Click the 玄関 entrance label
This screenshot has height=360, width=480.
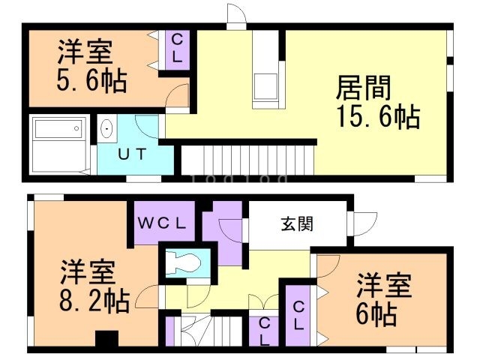point(298,223)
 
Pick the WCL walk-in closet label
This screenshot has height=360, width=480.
point(166,223)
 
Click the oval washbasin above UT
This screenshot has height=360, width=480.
point(106,130)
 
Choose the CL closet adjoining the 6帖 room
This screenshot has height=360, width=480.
point(298,315)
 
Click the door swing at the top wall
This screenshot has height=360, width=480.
point(235,16)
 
